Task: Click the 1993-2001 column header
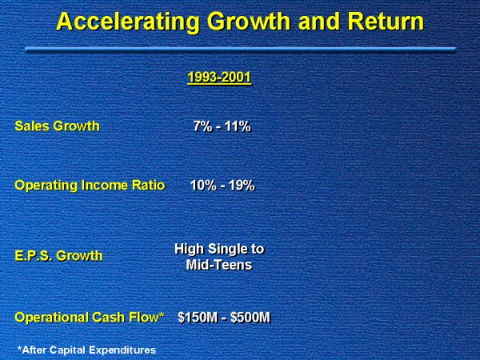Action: point(218,78)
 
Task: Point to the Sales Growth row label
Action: point(57,126)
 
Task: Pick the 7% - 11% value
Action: point(222,126)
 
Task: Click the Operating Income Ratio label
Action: point(90,185)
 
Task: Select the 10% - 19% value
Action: point(222,185)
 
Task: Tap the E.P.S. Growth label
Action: point(58,256)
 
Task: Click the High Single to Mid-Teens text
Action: point(219,256)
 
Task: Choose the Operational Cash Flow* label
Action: point(90,318)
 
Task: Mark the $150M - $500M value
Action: point(223,318)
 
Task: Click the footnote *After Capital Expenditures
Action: point(86,349)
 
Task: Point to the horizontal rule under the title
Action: point(240,49)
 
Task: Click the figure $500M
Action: point(250,318)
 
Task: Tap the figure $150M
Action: point(197,318)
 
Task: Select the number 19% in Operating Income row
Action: point(242,185)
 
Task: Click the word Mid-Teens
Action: point(219,264)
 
